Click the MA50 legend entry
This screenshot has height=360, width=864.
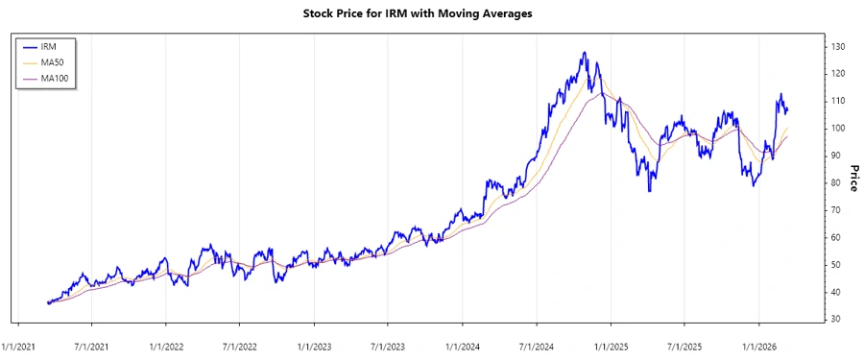pos(55,61)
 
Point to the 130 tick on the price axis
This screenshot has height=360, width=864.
pos(838,46)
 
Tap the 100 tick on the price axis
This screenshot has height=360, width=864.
pos(838,128)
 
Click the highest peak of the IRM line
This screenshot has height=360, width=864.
pos(584,53)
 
